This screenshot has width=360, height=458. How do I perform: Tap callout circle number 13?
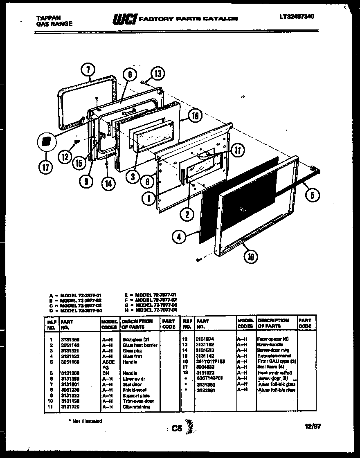pos(157,74)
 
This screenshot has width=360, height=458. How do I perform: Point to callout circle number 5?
pos(313,195)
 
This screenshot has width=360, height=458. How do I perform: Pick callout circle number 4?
pos(179,236)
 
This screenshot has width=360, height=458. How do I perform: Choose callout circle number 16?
pos(196,116)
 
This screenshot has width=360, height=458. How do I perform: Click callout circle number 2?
pos(187,213)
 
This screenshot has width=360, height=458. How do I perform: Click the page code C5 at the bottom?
pos(176,428)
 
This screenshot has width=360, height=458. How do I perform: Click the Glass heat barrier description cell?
pos(139,345)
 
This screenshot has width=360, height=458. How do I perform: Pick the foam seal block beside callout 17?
pos(46,141)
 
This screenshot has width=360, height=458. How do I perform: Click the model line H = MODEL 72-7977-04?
pos(152,310)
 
